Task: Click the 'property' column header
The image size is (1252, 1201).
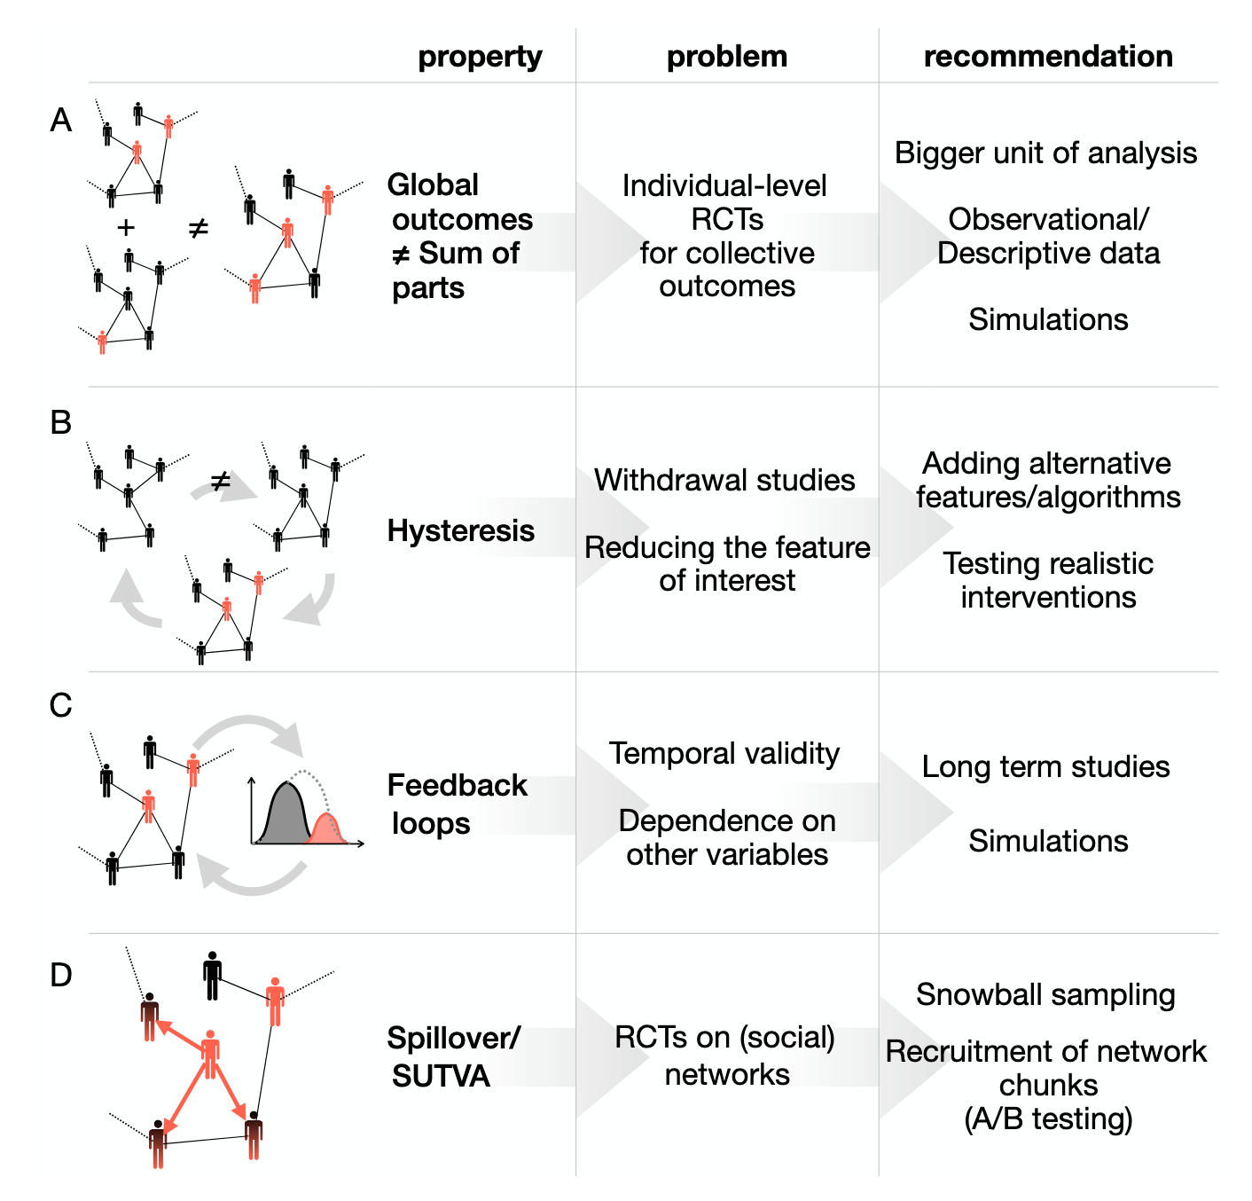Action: (x=480, y=57)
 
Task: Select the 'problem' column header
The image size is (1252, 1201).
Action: (x=727, y=57)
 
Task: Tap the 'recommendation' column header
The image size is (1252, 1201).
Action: (x=1048, y=57)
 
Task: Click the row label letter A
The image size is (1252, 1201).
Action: (x=60, y=120)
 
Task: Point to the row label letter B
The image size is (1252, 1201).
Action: (x=60, y=422)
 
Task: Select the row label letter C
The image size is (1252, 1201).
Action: (x=60, y=706)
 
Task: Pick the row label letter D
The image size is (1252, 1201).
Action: (x=60, y=976)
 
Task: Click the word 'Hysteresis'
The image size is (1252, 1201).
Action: (x=461, y=530)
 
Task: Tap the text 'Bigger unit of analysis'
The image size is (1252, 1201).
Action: (x=1045, y=153)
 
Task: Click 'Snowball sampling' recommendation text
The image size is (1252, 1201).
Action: (x=1045, y=994)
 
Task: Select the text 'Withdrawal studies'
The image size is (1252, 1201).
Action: (x=724, y=480)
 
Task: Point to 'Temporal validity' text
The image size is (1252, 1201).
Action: (x=724, y=753)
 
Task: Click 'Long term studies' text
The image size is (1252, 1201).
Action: (x=1045, y=766)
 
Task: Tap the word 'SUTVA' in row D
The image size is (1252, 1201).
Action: (x=441, y=1076)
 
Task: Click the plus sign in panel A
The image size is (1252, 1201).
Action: (x=126, y=228)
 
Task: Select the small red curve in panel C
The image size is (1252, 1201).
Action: (x=327, y=828)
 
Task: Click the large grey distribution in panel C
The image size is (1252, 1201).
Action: (x=284, y=816)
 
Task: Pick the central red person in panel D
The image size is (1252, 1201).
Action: (x=210, y=1053)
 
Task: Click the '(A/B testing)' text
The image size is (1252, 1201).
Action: (x=1048, y=1119)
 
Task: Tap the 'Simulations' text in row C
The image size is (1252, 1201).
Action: (x=1048, y=841)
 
